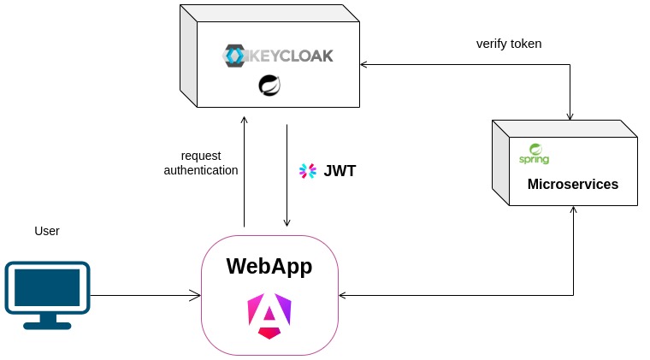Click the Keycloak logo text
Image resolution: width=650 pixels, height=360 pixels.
(x=288, y=56)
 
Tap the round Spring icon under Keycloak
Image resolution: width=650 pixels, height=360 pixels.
(x=270, y=86)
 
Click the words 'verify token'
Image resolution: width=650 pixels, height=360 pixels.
(x=509, y=44)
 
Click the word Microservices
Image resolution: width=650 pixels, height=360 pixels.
(x=572, y=184)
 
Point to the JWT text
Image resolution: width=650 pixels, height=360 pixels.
(x=340, y=171)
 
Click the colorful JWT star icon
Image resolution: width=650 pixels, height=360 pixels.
(x=307, y=171)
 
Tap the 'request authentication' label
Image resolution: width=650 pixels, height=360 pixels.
(x=201, y=162)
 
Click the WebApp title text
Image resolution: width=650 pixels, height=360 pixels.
(x=269, y=266)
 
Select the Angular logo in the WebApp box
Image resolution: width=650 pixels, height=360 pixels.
(x=269, y=314)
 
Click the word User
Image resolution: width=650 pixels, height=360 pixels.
(x=47, y=231)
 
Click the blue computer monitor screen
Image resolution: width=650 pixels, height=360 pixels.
(x=48, y=288)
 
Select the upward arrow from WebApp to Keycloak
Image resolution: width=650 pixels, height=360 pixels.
(x=245, y=171)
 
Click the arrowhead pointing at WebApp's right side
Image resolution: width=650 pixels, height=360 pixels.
(x=344, y=296)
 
